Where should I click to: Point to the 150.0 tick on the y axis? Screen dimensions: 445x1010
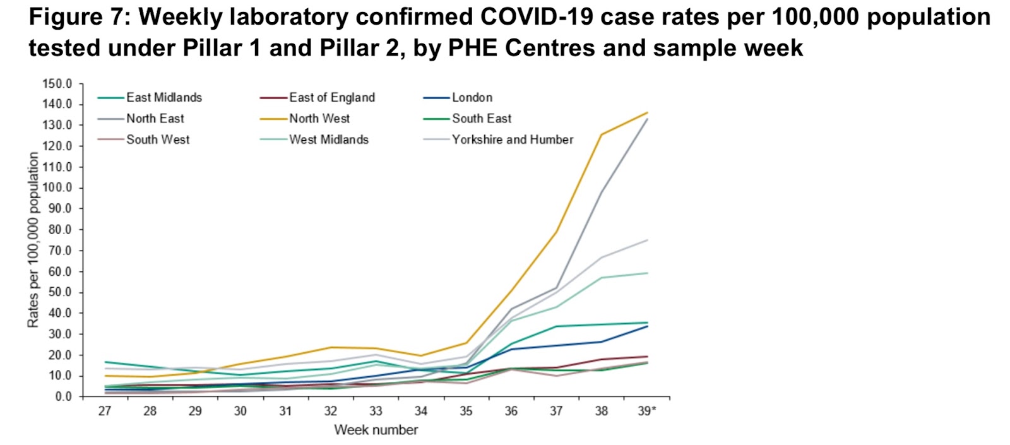tap(57, 84)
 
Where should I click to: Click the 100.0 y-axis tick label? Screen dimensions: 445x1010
tap(57, 188)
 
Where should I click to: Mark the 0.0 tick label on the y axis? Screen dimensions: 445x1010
tap(62, 396)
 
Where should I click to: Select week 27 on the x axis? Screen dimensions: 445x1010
tap(105, 412)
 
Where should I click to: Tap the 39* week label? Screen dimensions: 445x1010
tap(647, 412)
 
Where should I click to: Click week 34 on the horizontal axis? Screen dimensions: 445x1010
tap(421, 412)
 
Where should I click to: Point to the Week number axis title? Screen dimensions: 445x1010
tap(376, 430)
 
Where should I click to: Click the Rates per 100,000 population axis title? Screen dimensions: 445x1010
tap(33, 240)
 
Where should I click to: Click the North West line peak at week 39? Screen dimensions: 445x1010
tap(647, 113)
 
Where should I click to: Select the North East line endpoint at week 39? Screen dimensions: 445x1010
tap(647, 119)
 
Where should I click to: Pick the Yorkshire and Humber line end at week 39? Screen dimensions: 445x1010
tap(647, 240)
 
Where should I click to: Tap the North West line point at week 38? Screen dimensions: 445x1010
tap(602, 134)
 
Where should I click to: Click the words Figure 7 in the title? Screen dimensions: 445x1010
tap(78, 18)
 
